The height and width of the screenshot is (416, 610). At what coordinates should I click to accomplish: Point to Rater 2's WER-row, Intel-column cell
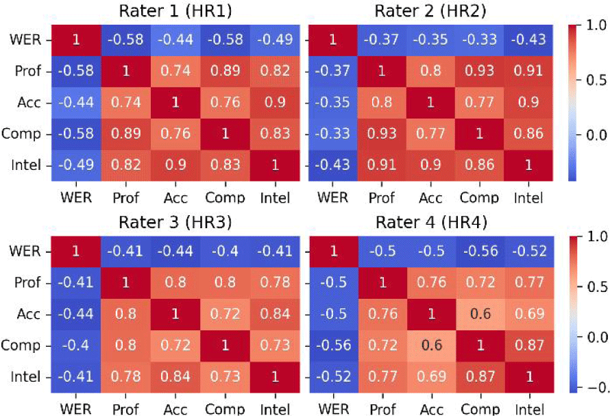[x=524, y=40]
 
